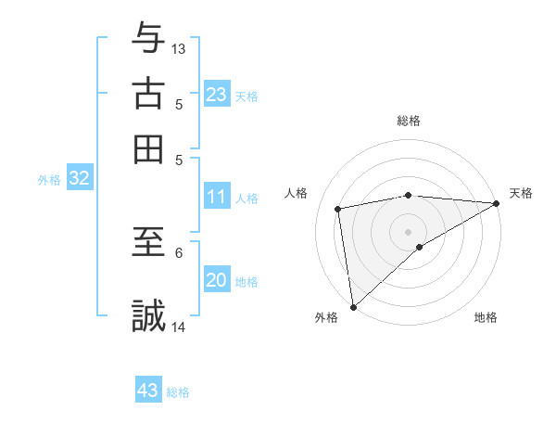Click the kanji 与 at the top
148,37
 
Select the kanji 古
148,95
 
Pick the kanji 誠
148,315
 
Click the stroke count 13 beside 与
179,48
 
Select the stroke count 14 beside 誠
179,327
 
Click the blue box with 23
216,95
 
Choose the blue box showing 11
216,197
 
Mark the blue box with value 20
216,280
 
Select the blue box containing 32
79,178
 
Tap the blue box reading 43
148,391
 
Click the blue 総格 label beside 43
178,392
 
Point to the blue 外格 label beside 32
49,180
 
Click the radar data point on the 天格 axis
497,205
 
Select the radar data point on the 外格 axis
353,306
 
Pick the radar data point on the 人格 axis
339,209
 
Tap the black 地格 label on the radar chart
486,317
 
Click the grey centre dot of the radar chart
408,230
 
